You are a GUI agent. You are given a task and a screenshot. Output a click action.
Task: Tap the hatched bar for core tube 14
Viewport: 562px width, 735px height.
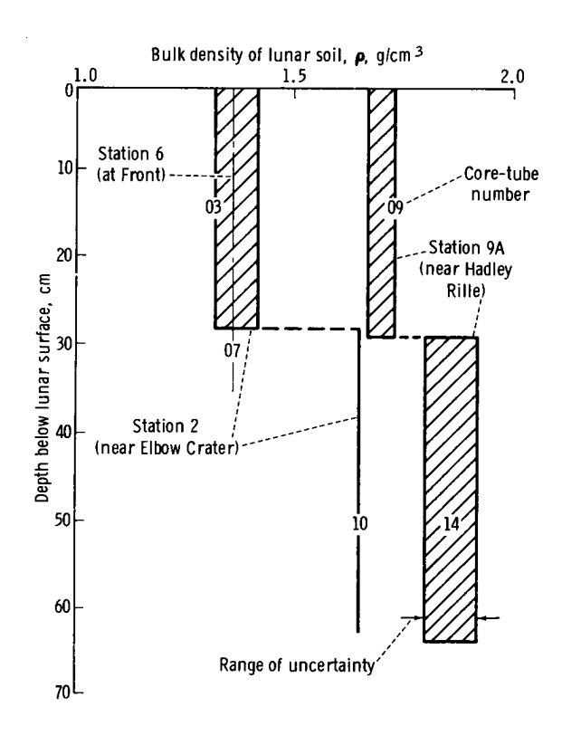click(451, 434)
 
